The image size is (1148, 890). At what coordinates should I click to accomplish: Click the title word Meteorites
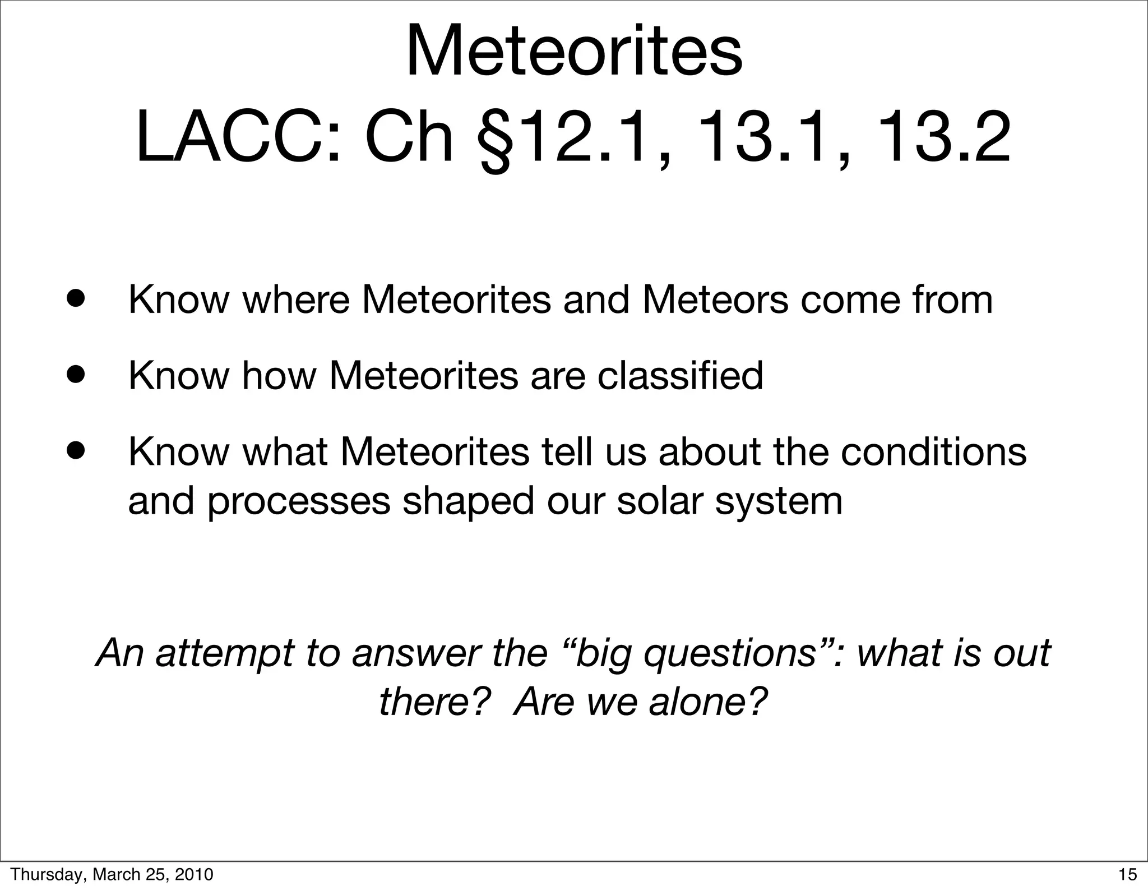[574, 52]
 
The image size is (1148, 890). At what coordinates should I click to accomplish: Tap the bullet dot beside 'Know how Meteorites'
[74, 375]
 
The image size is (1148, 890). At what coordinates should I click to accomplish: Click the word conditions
[933, 451]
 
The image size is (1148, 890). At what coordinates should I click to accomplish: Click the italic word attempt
[225, 654]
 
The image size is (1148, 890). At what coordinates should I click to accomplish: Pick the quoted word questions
[729, 654]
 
